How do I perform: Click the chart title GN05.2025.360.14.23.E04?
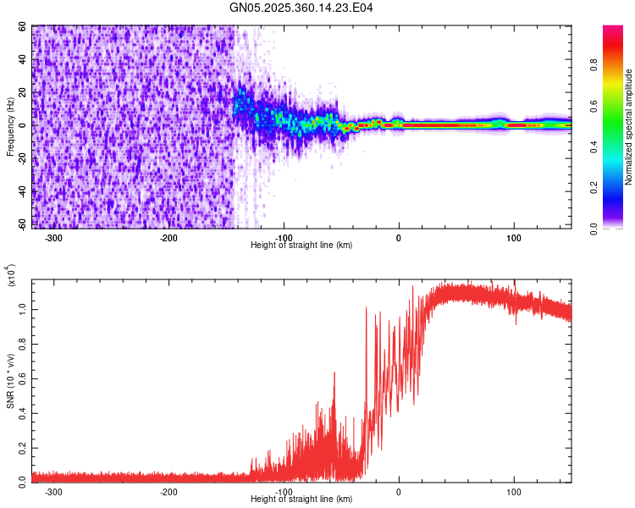[302, 8]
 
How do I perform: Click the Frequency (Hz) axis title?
[11, 127]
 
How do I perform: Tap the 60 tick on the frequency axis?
[22, 27]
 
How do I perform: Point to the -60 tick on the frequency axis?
[22, 225]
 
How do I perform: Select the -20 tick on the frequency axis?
[22, 157]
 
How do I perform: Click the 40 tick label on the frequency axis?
[22, 60]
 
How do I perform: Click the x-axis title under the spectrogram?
[301, 245]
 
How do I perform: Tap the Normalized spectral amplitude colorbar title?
[629, 127]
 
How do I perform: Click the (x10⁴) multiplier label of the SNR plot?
[11, 276]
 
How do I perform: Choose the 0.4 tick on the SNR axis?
[22, 412]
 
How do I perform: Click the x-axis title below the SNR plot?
[301, 499]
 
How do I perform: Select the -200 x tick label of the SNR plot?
[168, 492]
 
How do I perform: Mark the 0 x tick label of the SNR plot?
[399, 492]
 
